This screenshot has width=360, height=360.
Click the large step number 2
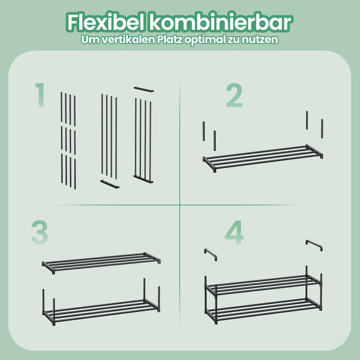(234, 95)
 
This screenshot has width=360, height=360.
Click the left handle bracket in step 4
(211, 254)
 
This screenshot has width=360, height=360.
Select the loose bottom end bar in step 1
(109, 184)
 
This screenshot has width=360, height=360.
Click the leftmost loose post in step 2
(204, 131)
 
